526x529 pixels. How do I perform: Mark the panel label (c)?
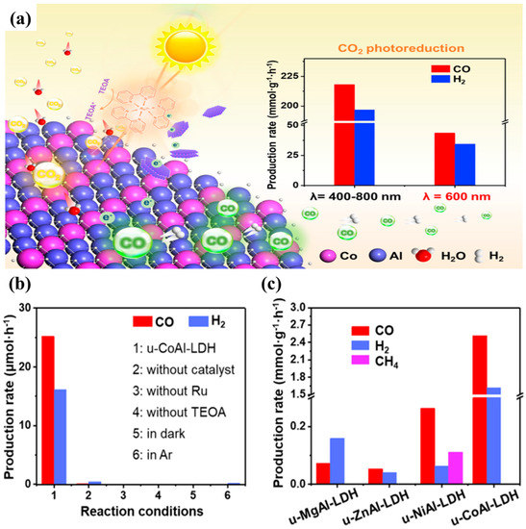277,285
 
